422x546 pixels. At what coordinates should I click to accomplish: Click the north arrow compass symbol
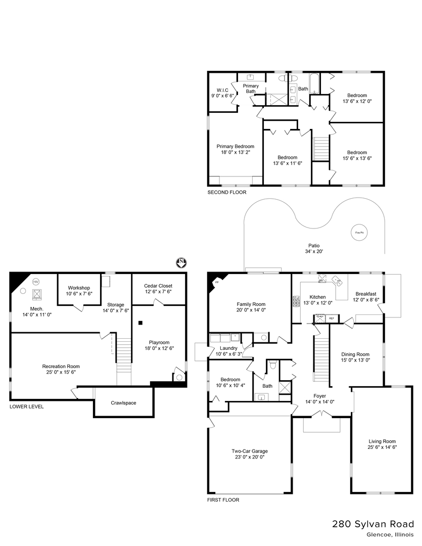pos(181,262)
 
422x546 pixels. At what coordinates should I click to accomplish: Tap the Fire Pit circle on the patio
pos(358,233)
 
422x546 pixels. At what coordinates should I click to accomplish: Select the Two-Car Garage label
pos(250,451)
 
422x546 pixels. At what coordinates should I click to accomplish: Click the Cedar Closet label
pos(158,286)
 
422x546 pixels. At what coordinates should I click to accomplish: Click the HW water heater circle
pos(36,282)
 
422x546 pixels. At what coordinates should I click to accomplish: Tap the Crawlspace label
pos(123,403)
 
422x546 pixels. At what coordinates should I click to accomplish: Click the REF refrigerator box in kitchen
pos(332,318)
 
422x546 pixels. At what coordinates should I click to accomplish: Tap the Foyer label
pos(319,396)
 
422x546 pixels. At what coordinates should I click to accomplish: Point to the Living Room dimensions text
pos(382,447)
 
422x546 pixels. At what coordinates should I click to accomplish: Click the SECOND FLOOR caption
pos(227,193)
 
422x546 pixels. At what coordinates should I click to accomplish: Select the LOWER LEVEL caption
pos(27,406)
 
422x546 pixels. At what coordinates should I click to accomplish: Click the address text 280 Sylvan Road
pos(373,524)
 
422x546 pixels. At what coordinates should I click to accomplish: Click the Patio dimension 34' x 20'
pos(314,251)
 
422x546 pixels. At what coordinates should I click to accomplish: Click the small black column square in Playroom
pos(142,323)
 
